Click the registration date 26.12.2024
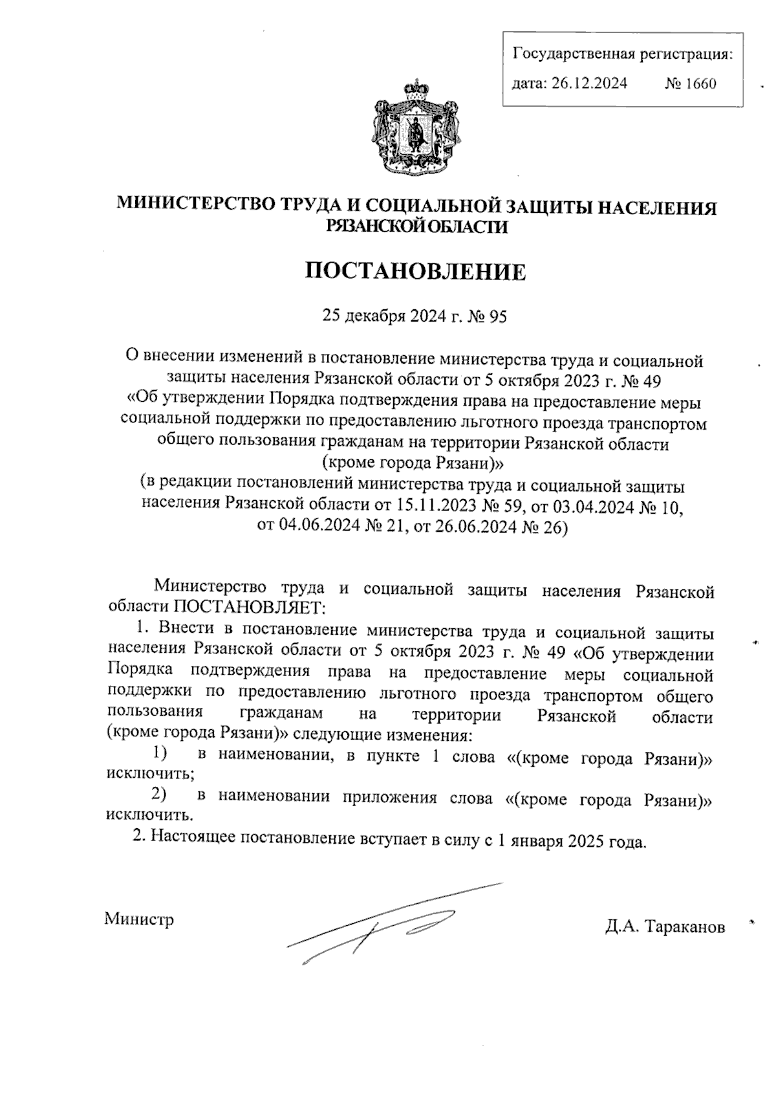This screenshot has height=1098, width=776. [x=589, y=83]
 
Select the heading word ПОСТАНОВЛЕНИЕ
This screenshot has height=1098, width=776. [x=416, y=272]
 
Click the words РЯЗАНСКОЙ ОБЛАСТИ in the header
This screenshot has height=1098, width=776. [x=416, y=226]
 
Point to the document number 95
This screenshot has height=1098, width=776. [x=498, y=317]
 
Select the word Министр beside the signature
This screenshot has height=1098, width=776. [x=140, y=919]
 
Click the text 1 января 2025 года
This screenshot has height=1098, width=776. [x=570, y=842]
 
